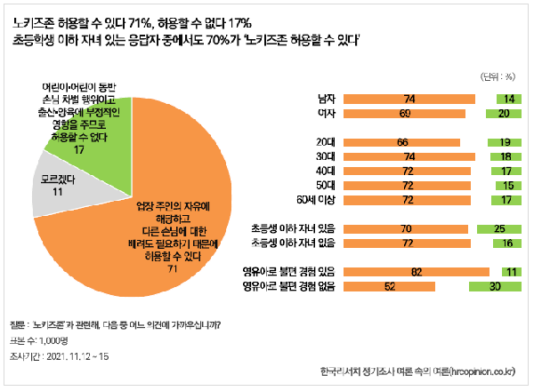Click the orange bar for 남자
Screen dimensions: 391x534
pyautogui.click(x=409, y=99)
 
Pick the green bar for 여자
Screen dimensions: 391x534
pyautogui.click(x=503, y=114)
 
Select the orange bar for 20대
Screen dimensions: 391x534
pyautogui.click(x=401, y=142)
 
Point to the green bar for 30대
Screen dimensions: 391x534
pyautogui.click(x=505, y=156)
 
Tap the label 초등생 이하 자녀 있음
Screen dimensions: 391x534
pyautogui.click(x=294, y=229)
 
